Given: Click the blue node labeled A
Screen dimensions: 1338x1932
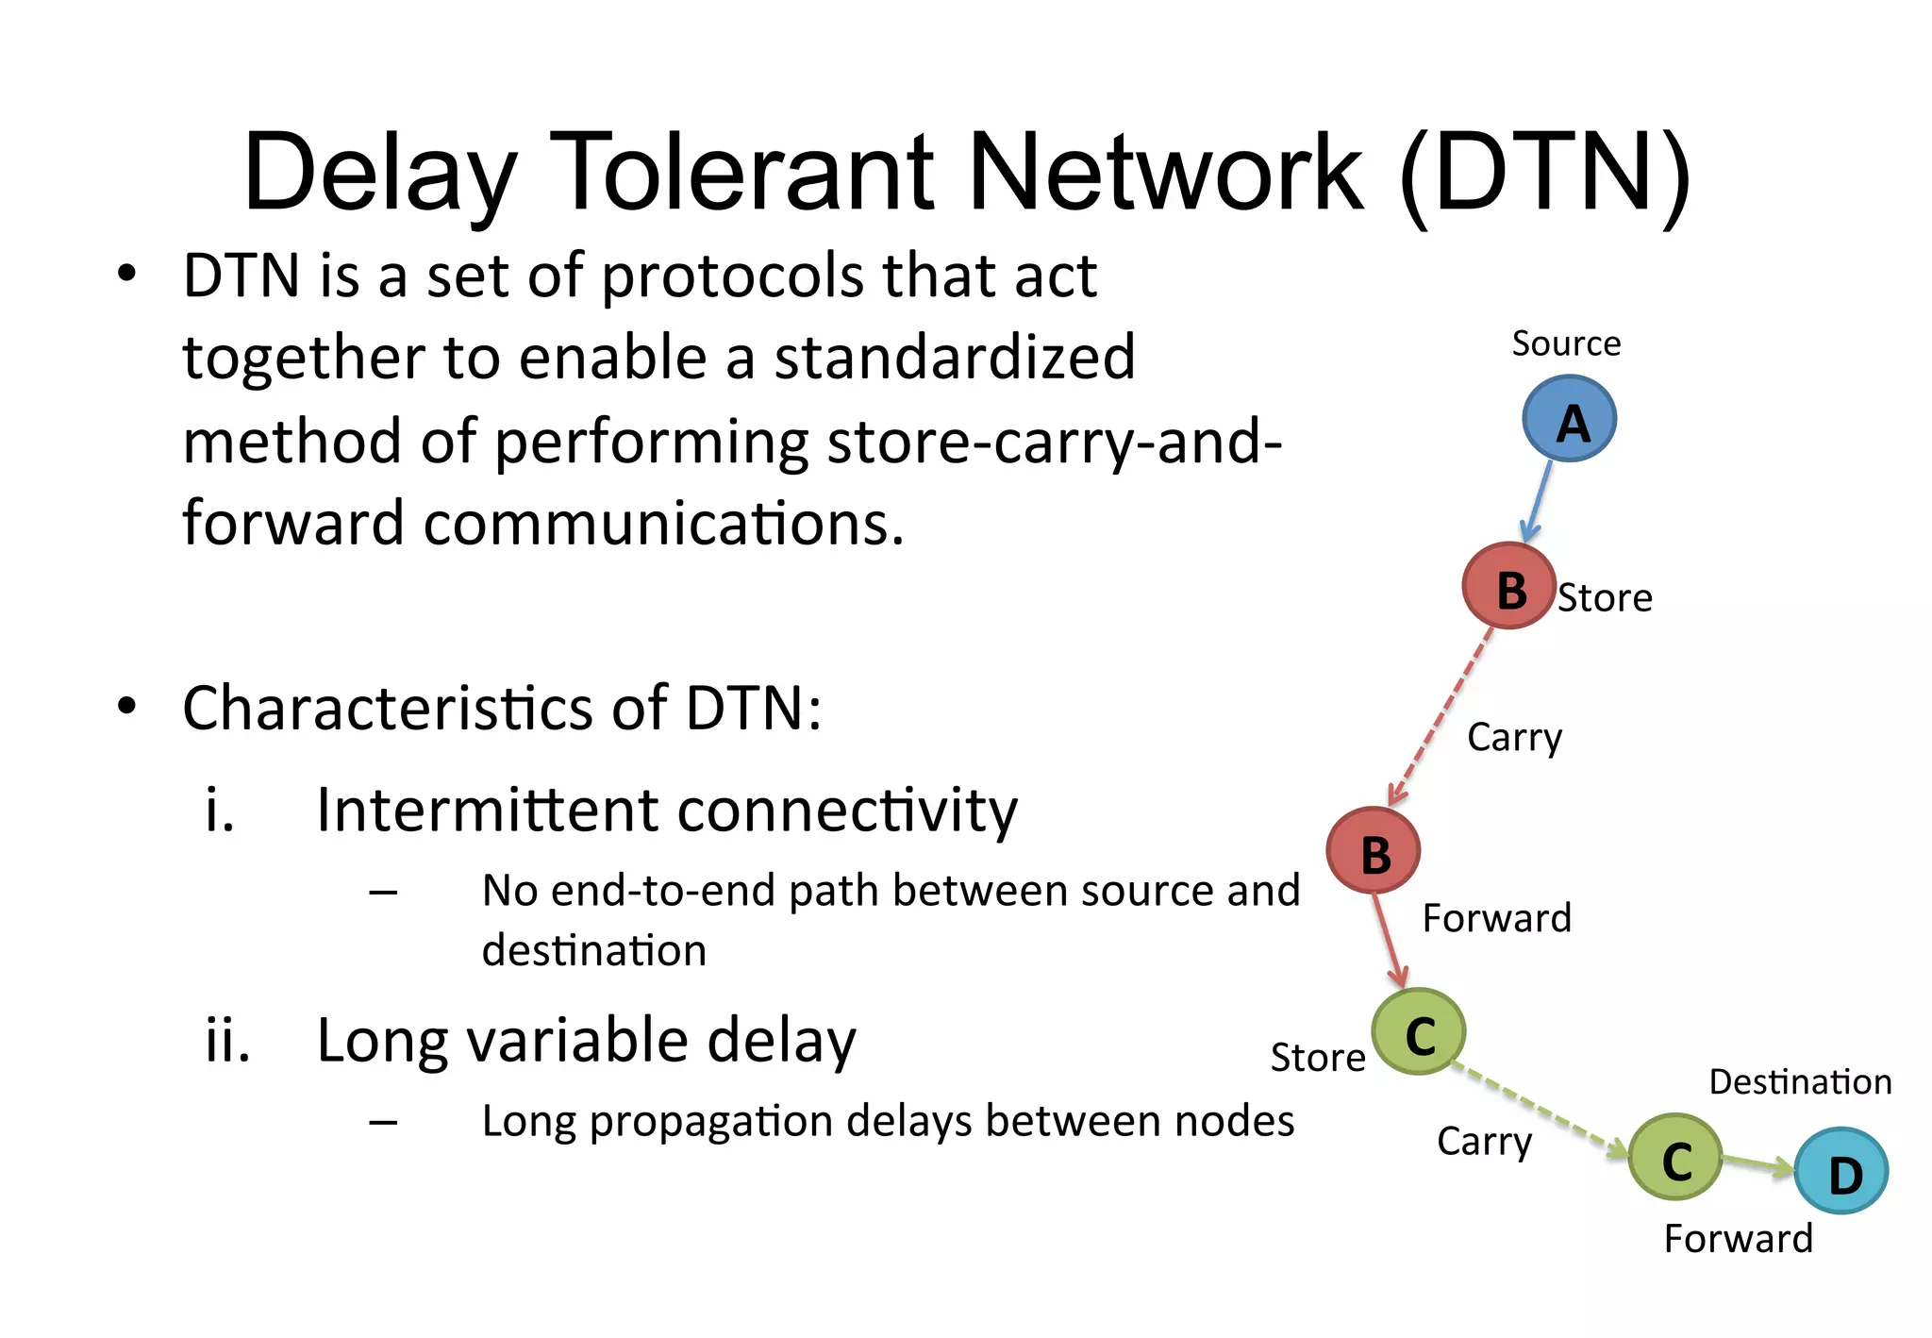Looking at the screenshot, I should point(1569,419).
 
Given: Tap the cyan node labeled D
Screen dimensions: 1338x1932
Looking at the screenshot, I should point(1840,1171).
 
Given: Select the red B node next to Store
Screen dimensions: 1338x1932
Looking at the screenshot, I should point(1508,586).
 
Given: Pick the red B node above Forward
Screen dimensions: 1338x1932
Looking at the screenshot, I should point(1373,850).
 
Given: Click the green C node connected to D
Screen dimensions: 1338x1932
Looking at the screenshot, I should point(1675,1157).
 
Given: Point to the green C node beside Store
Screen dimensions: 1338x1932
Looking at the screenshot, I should point(1418,1031).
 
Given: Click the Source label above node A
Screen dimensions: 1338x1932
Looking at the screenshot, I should point(1566,343).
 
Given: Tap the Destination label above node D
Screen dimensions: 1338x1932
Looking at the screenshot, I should point(1800,1081).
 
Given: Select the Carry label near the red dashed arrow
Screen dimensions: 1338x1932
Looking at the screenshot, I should point(1514,737).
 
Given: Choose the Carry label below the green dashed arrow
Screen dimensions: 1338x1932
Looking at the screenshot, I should point(1484,1142).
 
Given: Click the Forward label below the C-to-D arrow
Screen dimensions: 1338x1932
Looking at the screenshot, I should point(1738,1238).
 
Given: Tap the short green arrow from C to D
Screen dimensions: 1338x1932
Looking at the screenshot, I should point(1757,1163).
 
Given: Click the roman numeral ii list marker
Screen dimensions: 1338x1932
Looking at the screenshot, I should point(227,1041).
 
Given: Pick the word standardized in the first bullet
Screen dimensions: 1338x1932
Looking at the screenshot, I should point(954,358).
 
